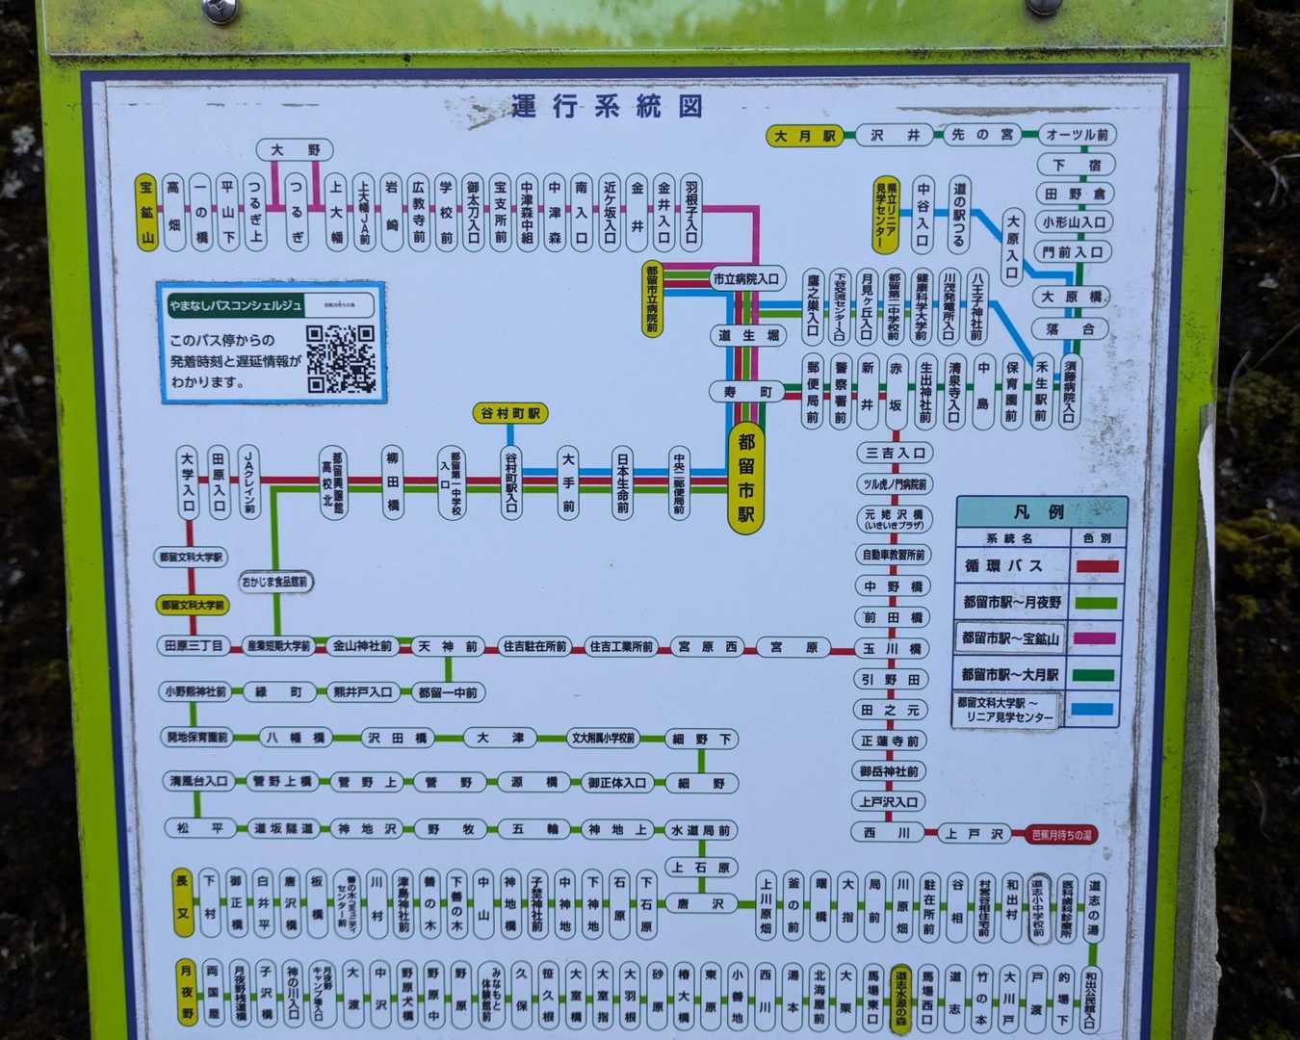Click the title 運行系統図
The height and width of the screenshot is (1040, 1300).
pyautogui.click(x=607, y=107)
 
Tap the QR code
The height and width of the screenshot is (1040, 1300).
pyautogui.click(x=340, y=358)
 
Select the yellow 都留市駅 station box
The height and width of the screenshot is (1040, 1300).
pyautogui.click(x=746, y=478)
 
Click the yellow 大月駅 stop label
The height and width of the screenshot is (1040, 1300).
pyautogui.click(x=805, y=136)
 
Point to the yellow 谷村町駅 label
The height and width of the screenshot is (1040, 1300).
pyautogui.click(x=511, y=413)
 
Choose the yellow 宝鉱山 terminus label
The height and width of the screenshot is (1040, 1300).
pyautogui.click(x=146, y=213)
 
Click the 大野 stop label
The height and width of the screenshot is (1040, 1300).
pyautogui.click(x=295, y=150)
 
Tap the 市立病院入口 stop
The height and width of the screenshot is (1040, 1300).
pyautogui.click(x=746, y=279)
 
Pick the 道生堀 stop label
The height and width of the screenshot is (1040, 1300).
pyautogui.click(x=748, y=335)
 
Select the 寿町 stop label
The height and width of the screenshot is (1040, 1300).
pyautogui.click(x=748, y=392)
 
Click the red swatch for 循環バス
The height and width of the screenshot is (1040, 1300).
pyautogui.click(x=1096, y=566)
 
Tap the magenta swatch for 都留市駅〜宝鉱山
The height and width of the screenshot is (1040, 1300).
pyautogui.click(x=1096, y=638)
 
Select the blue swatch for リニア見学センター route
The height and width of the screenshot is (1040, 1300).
pyautogui.click(x=1096, y=711)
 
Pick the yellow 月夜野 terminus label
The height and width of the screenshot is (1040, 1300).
pyautogui.click(x=186, y=992)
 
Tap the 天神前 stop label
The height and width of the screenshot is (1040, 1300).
pyautogui.click(x=447, y=646)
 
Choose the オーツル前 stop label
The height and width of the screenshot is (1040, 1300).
pyautogui.click(x=1077, y=136)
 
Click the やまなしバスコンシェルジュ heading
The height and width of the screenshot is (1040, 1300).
pyautogui.click(x=236, y=306)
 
